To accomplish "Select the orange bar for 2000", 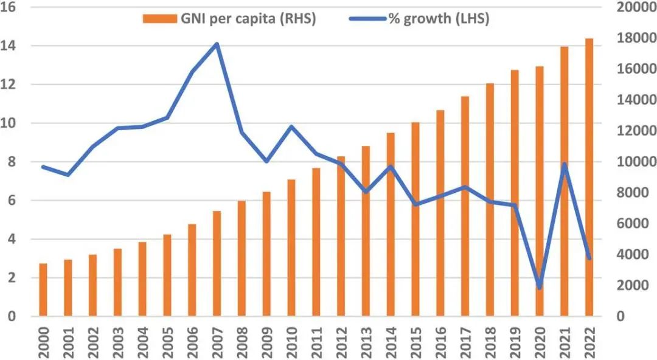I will [43, 290].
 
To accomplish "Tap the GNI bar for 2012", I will [341, 237].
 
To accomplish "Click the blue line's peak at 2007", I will [217, 44].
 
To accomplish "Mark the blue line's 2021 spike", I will [565, 164].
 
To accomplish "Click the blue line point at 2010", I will [291, 126].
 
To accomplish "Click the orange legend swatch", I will [159, 19].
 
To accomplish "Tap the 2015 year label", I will [416, 344].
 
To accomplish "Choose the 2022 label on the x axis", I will [589, 344].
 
